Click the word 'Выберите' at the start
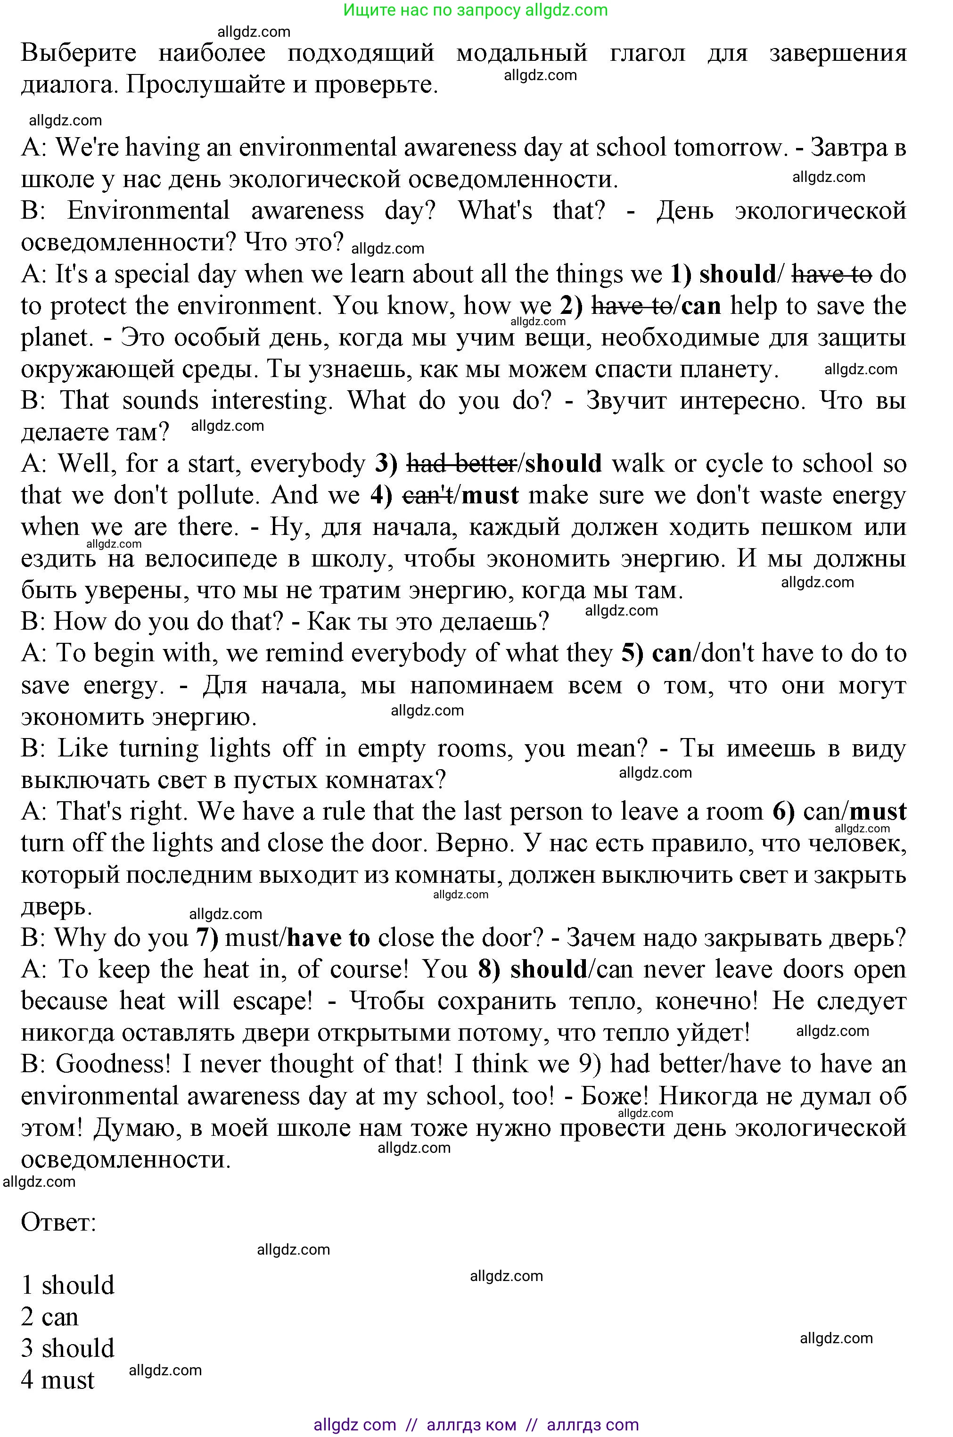(x=79, y=53)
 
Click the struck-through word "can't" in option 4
(x=427, y=496)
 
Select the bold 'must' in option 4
(x=491, y=496)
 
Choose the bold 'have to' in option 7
(x=328, y=938)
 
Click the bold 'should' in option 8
(x=548, y=970)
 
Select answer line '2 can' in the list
(x=50, y=1317)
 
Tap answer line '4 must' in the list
(x=58, y=1380)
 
